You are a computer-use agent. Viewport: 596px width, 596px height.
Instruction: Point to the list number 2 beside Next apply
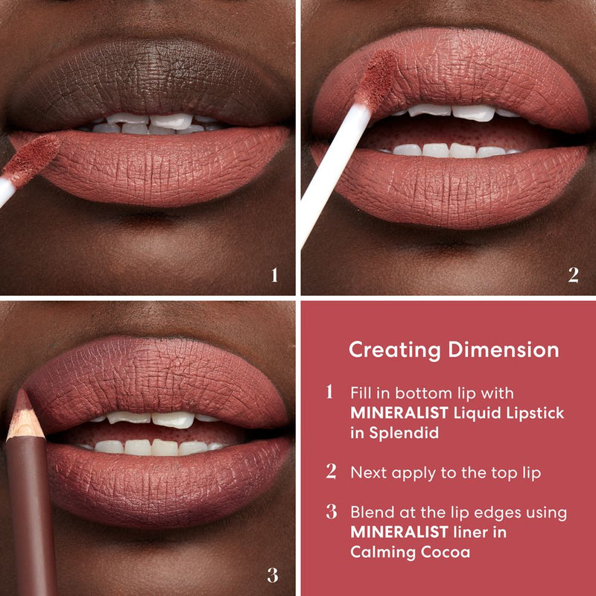[x=331, y=472]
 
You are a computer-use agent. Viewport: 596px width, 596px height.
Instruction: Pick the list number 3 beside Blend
[x=331, y=513]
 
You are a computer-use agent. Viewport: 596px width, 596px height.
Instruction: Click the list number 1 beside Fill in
[x=330, y=393]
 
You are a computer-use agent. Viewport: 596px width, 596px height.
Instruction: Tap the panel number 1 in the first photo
[x=274, y=276]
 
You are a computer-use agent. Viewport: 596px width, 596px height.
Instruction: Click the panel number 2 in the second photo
[x=573, y=276]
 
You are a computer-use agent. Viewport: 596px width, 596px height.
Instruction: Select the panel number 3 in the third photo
[x=273, y=575]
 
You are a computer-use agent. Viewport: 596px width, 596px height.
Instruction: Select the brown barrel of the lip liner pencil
[x=34, y=514]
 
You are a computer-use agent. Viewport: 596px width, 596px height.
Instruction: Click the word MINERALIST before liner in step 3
[x=389, y=532]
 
